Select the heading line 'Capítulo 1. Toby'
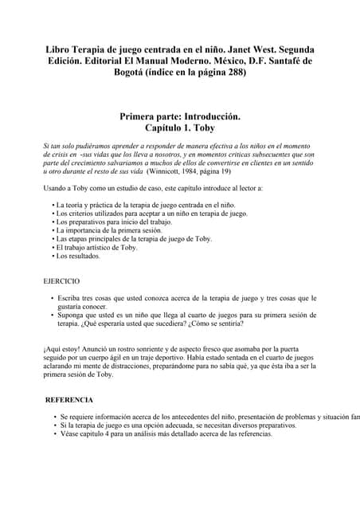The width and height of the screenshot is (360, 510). [179, 127]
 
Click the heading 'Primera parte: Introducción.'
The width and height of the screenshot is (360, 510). [180, 116]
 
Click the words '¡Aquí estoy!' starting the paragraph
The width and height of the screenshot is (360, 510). [61, 347]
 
